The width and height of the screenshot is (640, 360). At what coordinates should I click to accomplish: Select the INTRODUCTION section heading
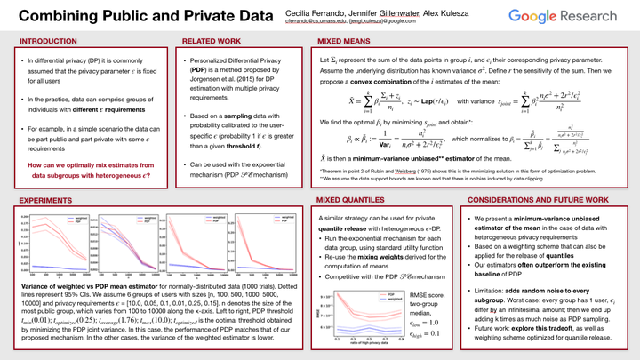coord(48,42)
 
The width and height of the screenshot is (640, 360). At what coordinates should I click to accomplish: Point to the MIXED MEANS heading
coord(345,42)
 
